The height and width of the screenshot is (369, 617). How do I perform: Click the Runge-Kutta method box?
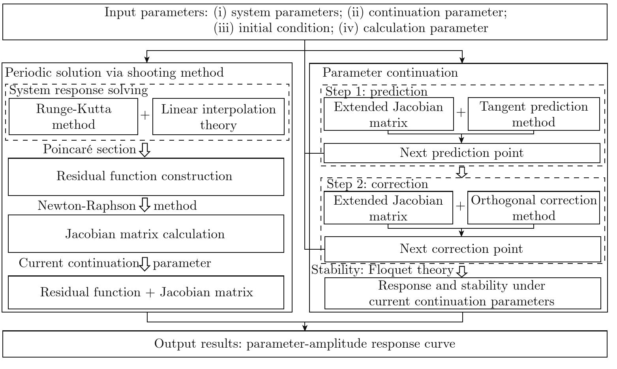pos(73,117)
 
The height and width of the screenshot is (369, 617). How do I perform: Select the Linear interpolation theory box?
pos(218,117)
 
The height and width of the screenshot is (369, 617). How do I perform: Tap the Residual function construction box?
pos(146,177)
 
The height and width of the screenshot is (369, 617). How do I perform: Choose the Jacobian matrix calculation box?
pos(146,234)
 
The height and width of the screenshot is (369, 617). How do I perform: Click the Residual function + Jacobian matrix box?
pos(146,292)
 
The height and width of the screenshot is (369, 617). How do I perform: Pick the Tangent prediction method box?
pos(534,114)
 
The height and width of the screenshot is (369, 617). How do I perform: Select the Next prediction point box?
pos(462,153)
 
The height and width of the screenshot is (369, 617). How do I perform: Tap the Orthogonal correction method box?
pos(534,207)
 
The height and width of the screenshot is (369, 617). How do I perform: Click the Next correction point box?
pos(463,249)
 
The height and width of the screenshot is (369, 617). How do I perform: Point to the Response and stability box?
pos(463,294)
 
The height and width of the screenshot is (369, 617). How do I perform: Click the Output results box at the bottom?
pos(305,344)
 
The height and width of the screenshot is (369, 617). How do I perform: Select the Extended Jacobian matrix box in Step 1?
pos(389,114)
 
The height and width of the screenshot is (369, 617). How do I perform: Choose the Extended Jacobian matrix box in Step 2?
pos(388,207)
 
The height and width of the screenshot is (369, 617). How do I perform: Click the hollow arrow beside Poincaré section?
pos(144,150)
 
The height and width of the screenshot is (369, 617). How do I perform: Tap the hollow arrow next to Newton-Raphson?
pos(144,205)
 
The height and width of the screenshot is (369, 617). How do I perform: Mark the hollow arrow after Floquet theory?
pos(462,271)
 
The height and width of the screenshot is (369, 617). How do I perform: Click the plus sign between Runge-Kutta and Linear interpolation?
pos(145,115)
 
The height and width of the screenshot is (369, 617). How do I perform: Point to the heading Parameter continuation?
pos(390,72)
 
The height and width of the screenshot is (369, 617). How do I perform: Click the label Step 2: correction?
pos(377,184)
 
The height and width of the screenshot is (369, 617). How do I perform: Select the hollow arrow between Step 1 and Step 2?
pos(461,172)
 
